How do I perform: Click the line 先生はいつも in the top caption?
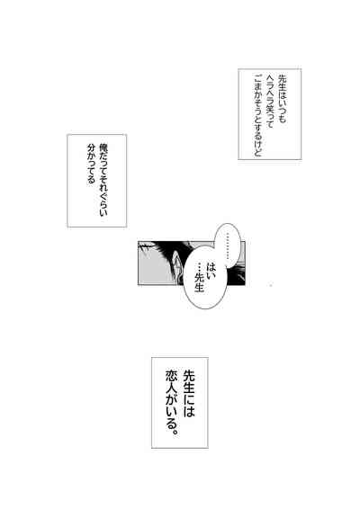pyautogui.click(x=281, y=99)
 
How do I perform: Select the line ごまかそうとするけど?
pyautogui.click(x=258, y=116)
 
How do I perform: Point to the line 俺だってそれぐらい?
pyautogui.click(x=103, y=180)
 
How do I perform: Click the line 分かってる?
pyautogui.click(x=91, y=164)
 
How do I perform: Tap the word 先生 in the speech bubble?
pyautogui.click(x=199, y=281)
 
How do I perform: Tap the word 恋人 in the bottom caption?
pyautogui.click(x=171, y=381)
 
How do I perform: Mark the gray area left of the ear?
pyautogui.click(x=153, y=269)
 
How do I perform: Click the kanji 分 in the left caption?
pyautogui.click(x=91, y=147)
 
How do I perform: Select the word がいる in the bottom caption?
pyautogui.click(x=171, y=411)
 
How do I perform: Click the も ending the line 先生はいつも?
pyautogui.click(x=281, y=119)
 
